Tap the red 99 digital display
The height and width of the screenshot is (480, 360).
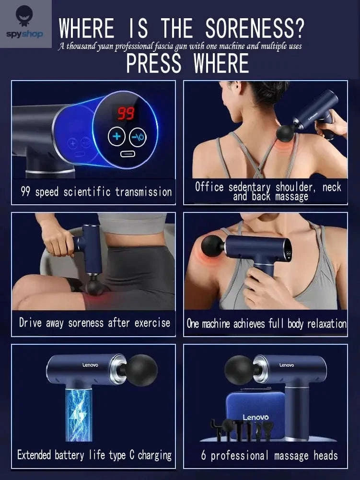point(126,113)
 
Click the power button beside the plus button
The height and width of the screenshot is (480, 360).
point(139,137)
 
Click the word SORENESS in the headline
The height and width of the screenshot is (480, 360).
point(254,29)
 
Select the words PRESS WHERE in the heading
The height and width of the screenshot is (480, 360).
point(187,64)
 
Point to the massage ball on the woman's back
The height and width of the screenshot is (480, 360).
point(287,133)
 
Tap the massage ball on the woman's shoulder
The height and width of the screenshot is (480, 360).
point(212,245)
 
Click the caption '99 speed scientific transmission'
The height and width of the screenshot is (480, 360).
point(96,192)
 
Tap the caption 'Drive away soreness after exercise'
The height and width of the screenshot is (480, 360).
point(94,322)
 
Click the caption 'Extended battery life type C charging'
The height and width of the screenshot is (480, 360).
point(94,455)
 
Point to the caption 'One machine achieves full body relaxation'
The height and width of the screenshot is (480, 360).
point(267,323)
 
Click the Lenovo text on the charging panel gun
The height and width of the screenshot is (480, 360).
point(90,365)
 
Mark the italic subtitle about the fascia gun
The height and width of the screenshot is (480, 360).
point(180,47)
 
